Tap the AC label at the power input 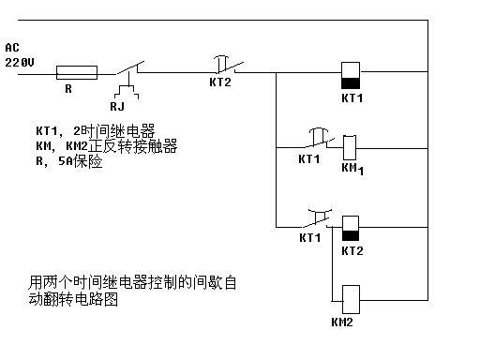(x=12, y=47)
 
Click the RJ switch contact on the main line (x=130, y=67)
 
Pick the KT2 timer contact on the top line (x=225, y=66)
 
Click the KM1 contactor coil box (x=349, y=147)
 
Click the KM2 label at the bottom (x=342, y=322)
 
